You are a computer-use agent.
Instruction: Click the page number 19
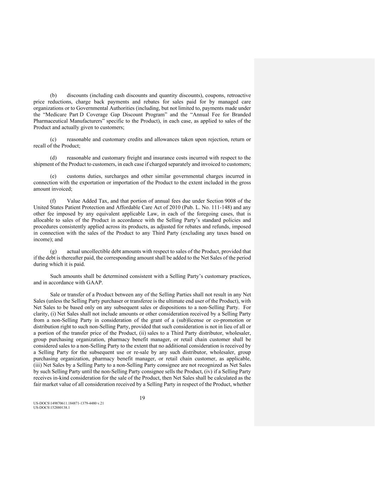coord(142,398)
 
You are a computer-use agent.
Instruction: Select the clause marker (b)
coord(53,95)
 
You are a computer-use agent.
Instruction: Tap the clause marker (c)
coord(53,139)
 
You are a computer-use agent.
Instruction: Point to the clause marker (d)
coord(53,158)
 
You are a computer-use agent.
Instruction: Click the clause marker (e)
coord(53,176)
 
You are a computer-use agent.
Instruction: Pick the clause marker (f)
coord(53,201)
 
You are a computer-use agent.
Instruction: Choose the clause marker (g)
coord(53,252)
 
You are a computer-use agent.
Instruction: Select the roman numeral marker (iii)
coord(38,365)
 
